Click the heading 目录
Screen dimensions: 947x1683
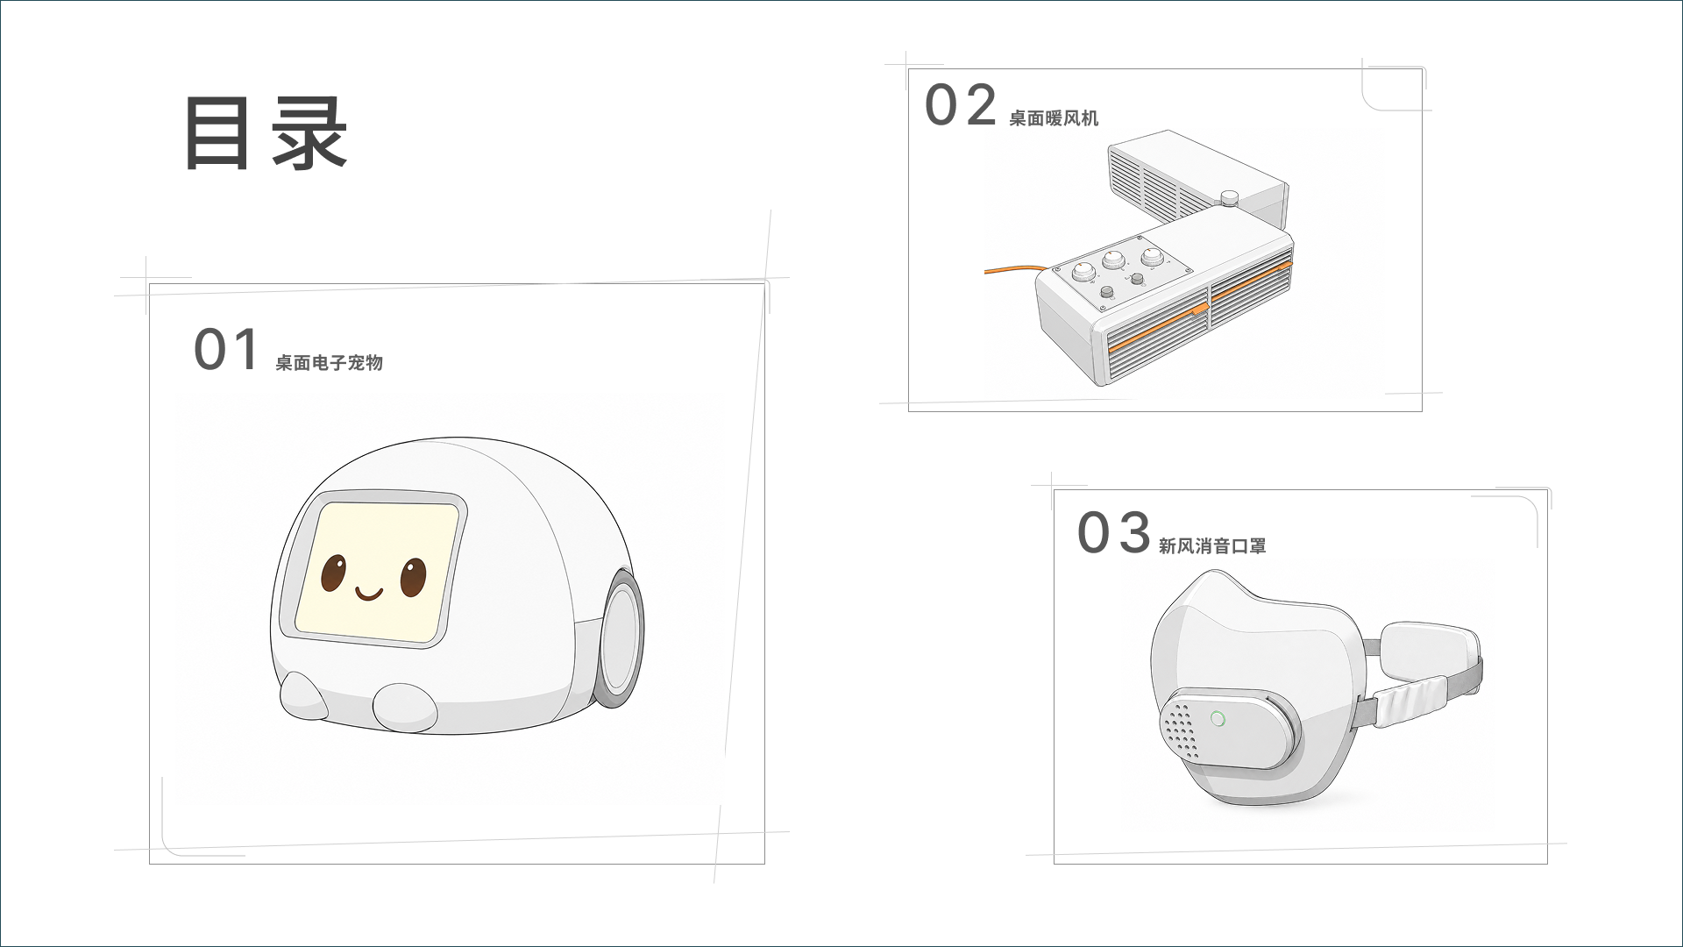266,133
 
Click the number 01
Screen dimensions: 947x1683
226,350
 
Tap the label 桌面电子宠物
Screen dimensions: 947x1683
329,363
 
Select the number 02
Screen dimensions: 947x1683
961,105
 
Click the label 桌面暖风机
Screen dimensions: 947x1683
1053,118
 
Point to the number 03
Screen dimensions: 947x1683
1113,533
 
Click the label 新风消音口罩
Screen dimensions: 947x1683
1212,546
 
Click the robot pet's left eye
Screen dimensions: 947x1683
333,573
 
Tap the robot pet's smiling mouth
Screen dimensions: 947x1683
369,595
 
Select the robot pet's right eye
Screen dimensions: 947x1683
413,577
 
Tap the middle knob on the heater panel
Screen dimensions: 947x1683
1113,260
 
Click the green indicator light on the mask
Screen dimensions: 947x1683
1217,719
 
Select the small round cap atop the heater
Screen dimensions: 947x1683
1229,198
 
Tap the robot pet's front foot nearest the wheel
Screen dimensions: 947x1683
405,708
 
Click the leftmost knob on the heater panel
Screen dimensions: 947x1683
1083,272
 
